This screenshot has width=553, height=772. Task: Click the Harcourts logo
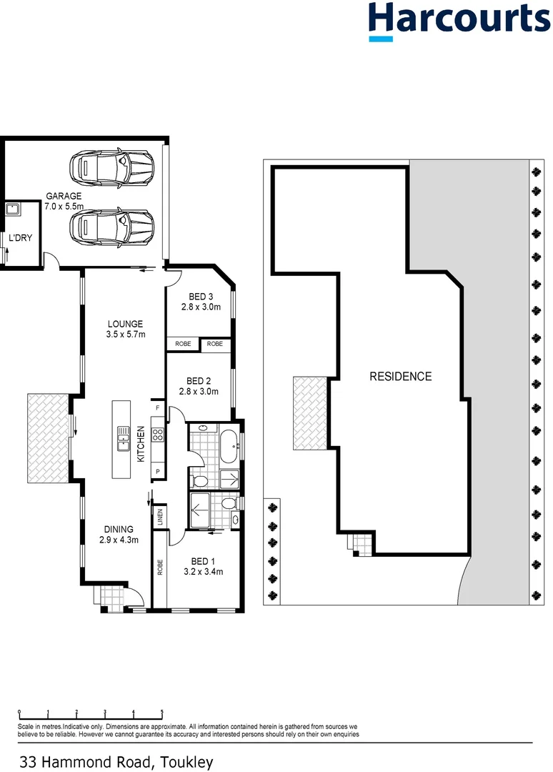(x=459, y=21)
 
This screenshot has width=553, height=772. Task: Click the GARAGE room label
(x=64, y=196)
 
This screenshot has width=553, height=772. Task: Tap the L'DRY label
(x=19, y=239)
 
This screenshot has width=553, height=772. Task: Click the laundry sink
(x=12, y=209)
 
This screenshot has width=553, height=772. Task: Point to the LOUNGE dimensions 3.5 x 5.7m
(x=126, y=334)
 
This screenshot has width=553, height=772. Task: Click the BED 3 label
(x=201, y=297)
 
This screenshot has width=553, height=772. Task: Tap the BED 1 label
(x=204, y=560)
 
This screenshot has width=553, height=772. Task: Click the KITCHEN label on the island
(x=141, y=443)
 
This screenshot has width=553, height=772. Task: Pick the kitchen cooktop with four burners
(x=159, y=433)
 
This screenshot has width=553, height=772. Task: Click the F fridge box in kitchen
(x=158, y=407)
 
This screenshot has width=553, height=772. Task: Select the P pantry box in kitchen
(x=158, y=472)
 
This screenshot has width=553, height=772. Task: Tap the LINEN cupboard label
(x=159, y=516)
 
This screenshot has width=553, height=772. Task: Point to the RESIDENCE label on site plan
(x=400, y=376)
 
